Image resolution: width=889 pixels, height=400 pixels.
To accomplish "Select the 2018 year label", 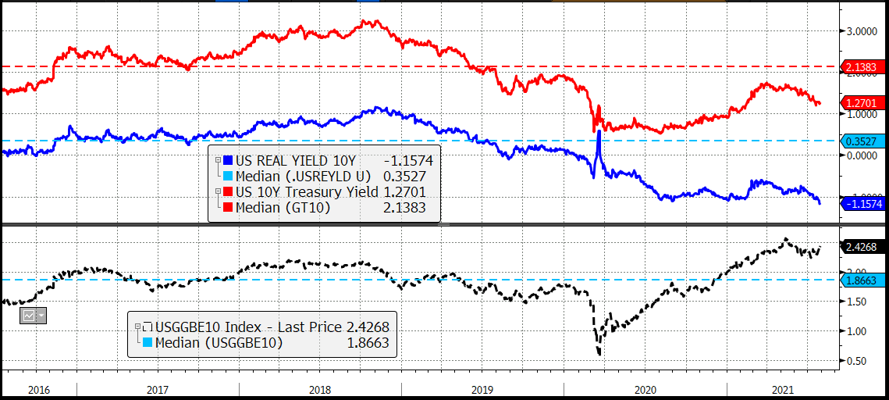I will click(x=320, y=388).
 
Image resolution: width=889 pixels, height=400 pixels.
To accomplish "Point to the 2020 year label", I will click(x=645, y=388).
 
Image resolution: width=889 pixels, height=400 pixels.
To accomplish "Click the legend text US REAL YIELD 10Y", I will click(x=282, y=160).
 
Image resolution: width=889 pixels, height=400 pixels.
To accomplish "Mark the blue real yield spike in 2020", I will click(x=599, y=133).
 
